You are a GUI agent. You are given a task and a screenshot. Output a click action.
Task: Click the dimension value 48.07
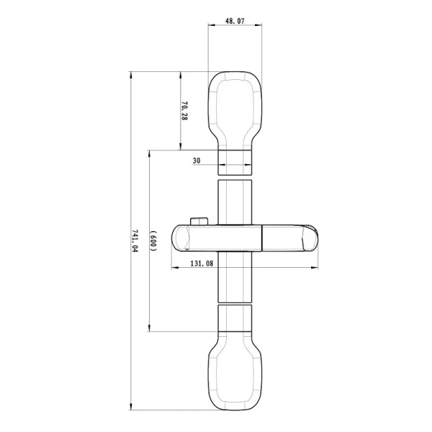pyautogui.click(x=235, y=22)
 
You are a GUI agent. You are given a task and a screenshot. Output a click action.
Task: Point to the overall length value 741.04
pyautogui.click(x=135, y=240)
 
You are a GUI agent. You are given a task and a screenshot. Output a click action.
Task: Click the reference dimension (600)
pyautogui.click(x=153, y=240)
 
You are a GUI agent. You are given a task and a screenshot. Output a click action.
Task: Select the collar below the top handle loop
pyautogui.click(x=235, y=161)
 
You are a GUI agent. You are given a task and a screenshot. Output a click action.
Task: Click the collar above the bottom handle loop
pyautogui.click(x=235, y=318)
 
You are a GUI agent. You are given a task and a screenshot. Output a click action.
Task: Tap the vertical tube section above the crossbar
pyautogui.click(x=235, y=203)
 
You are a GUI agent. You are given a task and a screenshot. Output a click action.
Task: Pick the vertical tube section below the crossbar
pyautogui.click(x=235, y=276)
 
